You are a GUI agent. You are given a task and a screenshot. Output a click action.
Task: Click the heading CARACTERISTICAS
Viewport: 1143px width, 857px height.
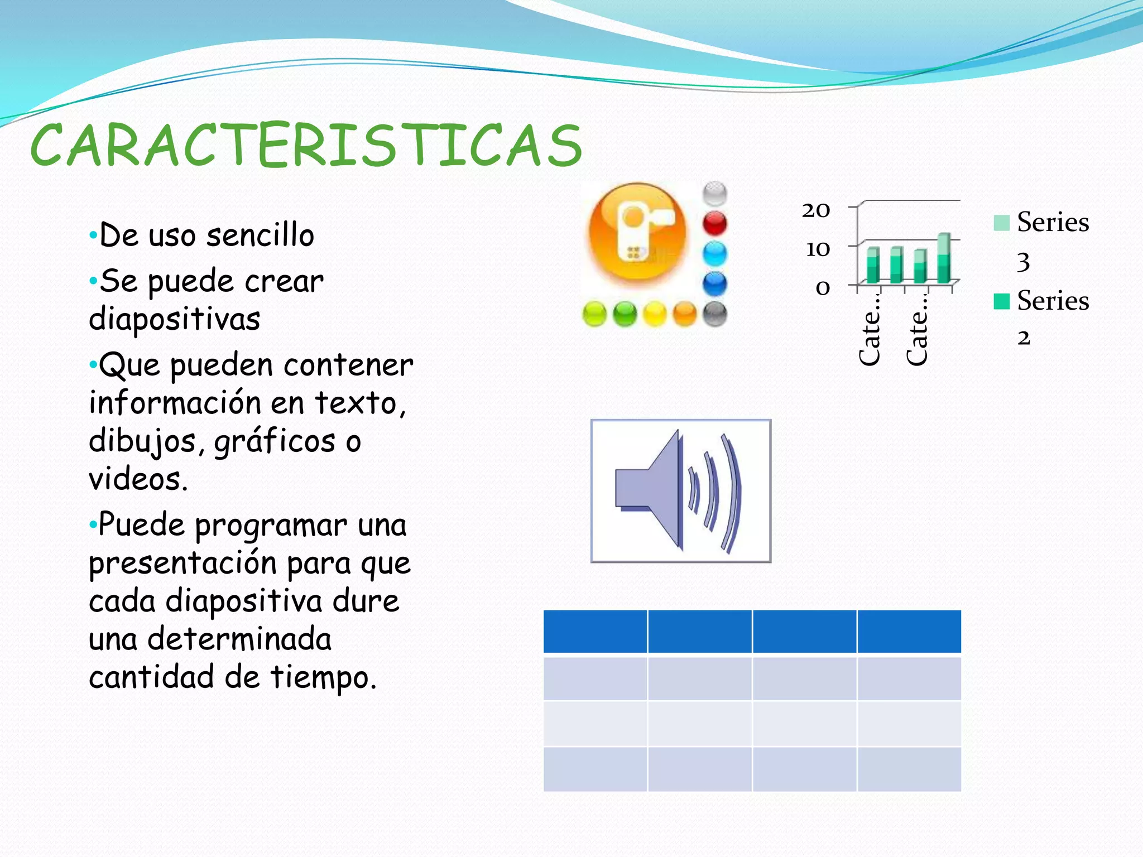pyautogui.click(x=306, y=146)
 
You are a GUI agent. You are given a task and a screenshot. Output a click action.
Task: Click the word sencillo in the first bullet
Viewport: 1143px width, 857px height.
pyautogui.click(x=260, y=235)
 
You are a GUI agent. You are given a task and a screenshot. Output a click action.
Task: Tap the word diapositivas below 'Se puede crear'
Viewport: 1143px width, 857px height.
pyautogui.click(x=174, y=319)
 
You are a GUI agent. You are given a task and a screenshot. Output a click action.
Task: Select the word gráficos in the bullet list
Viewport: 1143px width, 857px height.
pyautogui.click(x=275, y=442)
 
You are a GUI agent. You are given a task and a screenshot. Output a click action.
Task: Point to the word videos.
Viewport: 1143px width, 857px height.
pyautogui.click(x=137, y=479)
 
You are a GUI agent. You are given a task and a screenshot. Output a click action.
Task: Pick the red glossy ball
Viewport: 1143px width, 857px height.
pyautogui.click(x=715, y=224)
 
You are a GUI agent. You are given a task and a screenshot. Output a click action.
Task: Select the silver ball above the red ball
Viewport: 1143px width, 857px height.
pyautogui.click(x=715, y=194)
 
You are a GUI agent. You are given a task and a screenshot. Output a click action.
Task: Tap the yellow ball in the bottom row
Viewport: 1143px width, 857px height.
pyautogui.click(x=655, y=314)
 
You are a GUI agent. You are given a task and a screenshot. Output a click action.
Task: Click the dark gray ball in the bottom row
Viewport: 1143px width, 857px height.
pyautogui.click(x=715, y=314)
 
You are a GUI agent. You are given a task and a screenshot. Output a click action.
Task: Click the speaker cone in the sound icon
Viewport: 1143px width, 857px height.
pyautogui.click(x=653, y=489)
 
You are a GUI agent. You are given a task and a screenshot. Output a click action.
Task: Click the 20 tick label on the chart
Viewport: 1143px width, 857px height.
pyautogui.click(x=816, y=210)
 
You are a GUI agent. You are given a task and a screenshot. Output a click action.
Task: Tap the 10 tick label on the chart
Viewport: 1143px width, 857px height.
pyautogui.click(x=817, y=249)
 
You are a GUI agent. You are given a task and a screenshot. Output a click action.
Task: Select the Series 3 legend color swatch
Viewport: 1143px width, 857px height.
pyautogui.click(x=1002, y=223)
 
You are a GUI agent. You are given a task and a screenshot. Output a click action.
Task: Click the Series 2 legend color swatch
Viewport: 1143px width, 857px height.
pyautogui.click(x=1002, y=301)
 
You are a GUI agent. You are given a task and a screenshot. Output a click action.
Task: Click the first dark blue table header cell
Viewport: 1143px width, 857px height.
pyautogui.click(x=595, y=632)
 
